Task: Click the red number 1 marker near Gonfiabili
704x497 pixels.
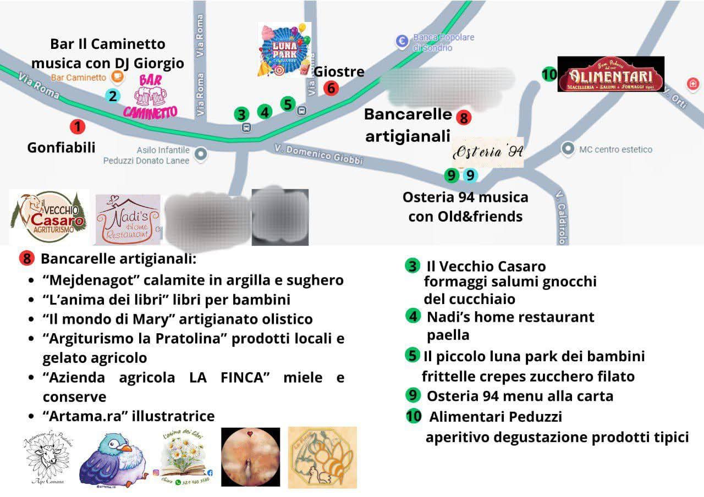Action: tap(78, 127)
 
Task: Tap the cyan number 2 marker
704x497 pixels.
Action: tap(112, 96)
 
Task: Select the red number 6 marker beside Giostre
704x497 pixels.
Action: tap(331, 88)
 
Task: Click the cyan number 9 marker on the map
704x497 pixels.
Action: tap(470, 175)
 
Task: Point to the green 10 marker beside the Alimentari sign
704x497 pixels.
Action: tap(549, 74)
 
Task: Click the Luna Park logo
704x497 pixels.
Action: tap(285, 50)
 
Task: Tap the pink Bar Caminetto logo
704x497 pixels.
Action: tap(150, 96)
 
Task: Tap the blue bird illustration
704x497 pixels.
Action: tap(113, 458)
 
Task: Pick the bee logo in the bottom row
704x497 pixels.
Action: tap(322, 457)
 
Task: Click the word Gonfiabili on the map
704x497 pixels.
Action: tap(61, 147)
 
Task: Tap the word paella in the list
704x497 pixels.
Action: tap(448, 335)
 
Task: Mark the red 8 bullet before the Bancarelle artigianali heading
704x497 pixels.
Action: tap(26, 258)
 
